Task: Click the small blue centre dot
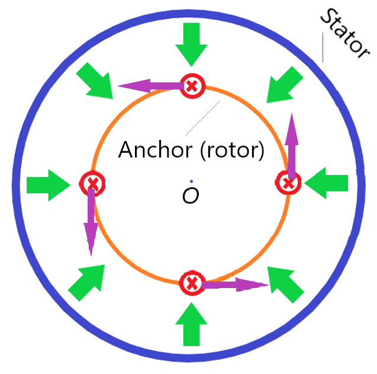[x=191, y=181]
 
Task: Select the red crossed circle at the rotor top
[x=192, y=87]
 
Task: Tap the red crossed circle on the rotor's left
[x=92, y=184]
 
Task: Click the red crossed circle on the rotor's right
[x=289, y=183]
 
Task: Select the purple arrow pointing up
[x=291, y=145]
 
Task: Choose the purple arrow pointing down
[x=91, y=222]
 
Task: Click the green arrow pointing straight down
[x=192, y=44]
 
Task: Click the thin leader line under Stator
[x=323, y=47]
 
